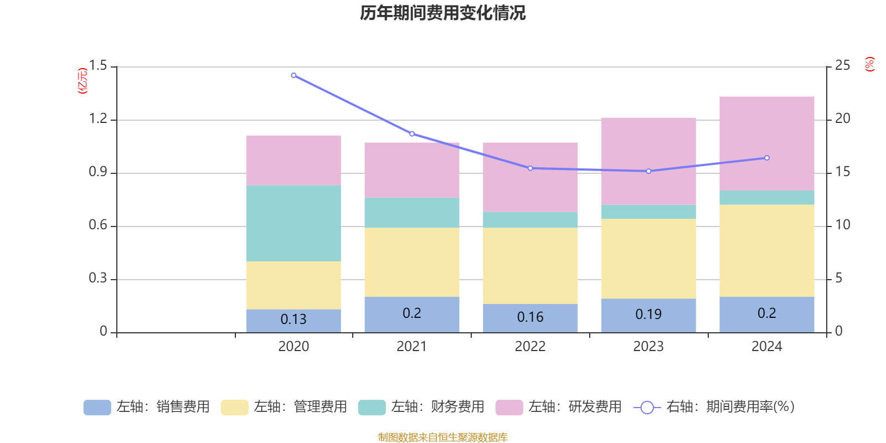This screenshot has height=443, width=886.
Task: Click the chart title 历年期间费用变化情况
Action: tap(442, 13)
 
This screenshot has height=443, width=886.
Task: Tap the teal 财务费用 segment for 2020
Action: tap(293, 223)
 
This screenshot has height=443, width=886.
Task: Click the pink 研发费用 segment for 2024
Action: tap(766, 143)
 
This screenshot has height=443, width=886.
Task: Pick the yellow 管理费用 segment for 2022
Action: tap(530, 266)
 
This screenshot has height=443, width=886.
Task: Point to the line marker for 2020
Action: tap(293, 75)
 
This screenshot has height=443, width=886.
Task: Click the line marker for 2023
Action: tap(648, 171)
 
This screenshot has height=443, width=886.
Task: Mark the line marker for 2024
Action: tap(767, 158)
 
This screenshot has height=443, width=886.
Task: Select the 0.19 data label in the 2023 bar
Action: tap(648, 315)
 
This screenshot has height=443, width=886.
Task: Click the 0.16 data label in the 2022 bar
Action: tap(530, 317)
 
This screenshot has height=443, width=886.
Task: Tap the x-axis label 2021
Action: tap(411, 347)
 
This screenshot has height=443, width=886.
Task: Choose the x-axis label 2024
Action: tap(766, 347)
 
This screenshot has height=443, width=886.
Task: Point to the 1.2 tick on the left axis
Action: tap(98, 119)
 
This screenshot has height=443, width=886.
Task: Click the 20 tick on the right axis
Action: tap(842, 119)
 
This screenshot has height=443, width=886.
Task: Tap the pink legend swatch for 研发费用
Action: tap(509, 408)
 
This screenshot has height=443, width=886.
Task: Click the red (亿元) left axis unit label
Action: tap(83, 81)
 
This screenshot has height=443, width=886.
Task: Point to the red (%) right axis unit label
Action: tap(869, 64)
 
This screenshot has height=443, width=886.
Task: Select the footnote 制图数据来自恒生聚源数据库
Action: tap(442, 437)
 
